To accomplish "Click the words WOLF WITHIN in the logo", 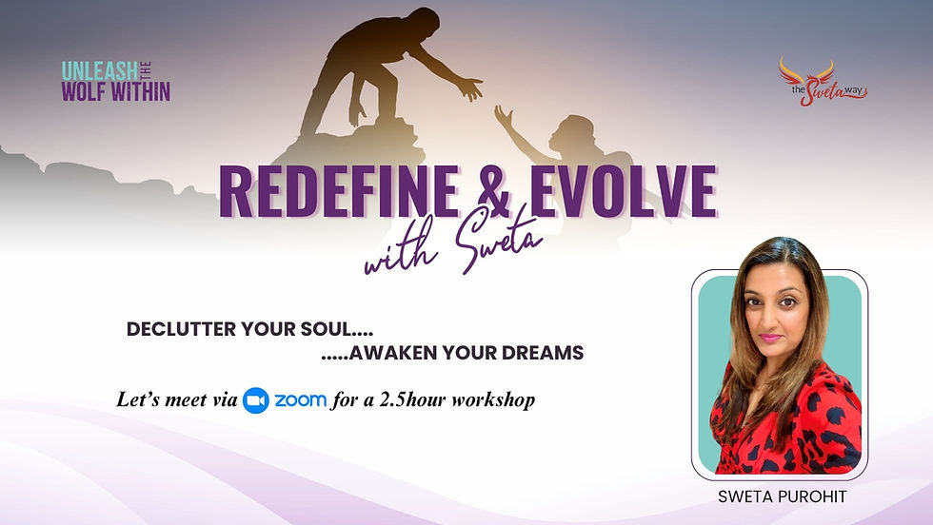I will click(115, 91).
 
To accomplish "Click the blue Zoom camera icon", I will click(255, 400).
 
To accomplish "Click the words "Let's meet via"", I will click(176, 400).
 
